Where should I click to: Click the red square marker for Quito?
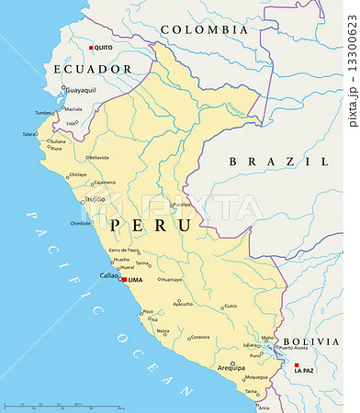click(x=90, y=48)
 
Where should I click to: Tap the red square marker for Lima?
click(x=124, y=279)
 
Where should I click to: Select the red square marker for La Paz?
click(x=296, y=364)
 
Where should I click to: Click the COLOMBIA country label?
click(x=204, y=30)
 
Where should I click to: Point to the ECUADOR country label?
click(x=92, y=69)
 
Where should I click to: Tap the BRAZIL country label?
click(x=278, y=161)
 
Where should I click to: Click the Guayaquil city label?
click(x=79, y=90)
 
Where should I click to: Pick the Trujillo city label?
click(x=95, y=198)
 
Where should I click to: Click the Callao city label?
click(x=108, y=275)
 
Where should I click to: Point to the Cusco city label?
click(x=231, y=306)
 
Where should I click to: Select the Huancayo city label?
click(x=172, y=279)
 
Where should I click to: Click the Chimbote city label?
click(x=81, y=223)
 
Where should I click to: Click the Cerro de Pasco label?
click(x=124, y=250)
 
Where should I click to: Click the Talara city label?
click(x=30, y=134)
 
